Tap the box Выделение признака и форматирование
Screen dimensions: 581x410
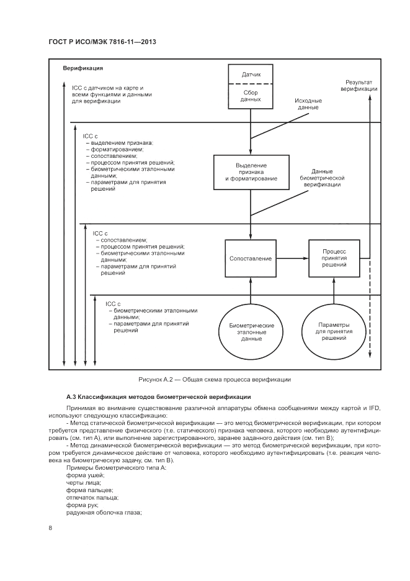click(x=251, y=173)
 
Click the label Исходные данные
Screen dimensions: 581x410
click(x=308, y=104)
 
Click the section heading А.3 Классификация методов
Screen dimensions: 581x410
click(x=158, y=396)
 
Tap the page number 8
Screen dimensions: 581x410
click(x=50, y=528)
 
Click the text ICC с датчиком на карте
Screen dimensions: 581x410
click(x=108, y=88)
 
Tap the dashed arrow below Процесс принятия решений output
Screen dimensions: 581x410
click(x=370, y=311)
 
